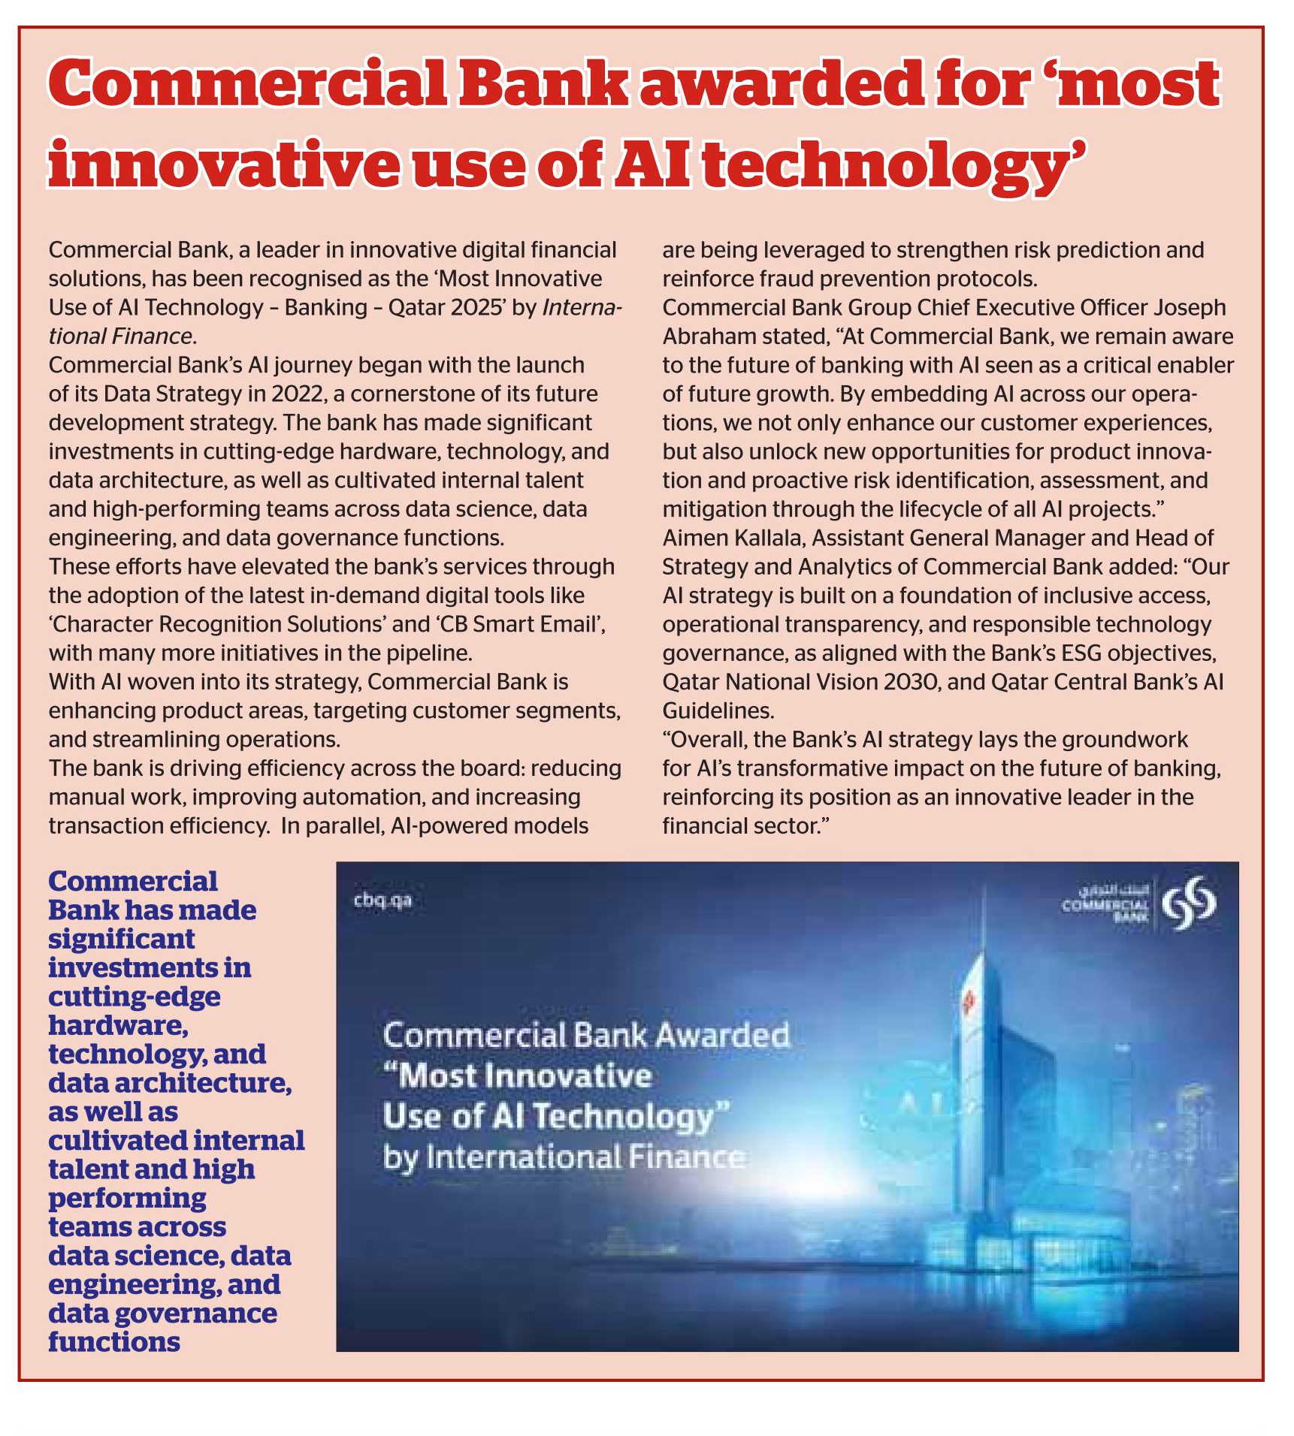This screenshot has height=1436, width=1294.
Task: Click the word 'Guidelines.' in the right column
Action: pyautogui.click(x=718, y=710)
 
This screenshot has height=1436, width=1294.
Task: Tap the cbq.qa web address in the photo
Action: pyautogui.click(x=382, y=900)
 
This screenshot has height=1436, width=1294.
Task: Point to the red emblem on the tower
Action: pyautogui.click(x=967, y=1000)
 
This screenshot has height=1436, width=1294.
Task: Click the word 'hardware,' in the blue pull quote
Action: pyautogui.click(x=118, y=1025)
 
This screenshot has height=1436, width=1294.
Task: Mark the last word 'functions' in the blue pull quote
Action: pyautogui.click(x=114, y=1342)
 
